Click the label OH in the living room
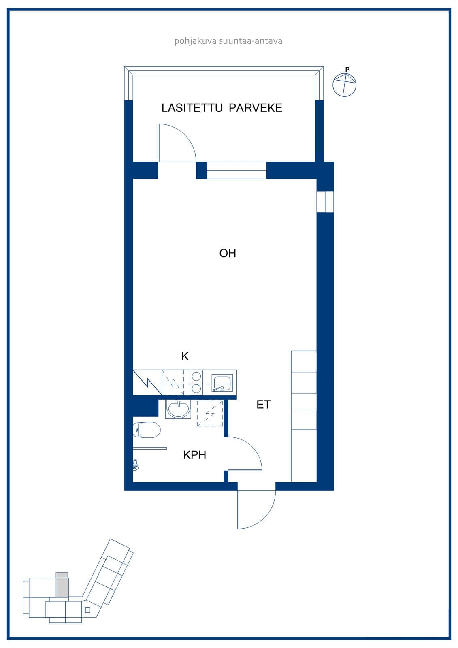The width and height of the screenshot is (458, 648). coord(228,253)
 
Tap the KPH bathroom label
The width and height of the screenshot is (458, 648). coord(194,455)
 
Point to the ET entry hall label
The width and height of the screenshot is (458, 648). coord(263,405)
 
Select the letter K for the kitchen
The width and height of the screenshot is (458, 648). coord(185,356)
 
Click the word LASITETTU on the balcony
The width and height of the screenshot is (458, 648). coord(192,108)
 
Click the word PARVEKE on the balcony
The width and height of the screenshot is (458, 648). coord(256,108)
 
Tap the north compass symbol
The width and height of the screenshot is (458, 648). coord(344,84)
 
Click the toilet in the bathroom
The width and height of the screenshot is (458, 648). coord(147,430)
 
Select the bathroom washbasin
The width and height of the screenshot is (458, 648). coord(178,409)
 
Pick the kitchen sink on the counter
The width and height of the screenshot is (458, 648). coord(222,382)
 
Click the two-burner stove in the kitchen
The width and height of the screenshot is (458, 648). coord(196,382)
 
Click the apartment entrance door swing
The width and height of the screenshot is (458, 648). coord(268,514)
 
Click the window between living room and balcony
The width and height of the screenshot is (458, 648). coord(236,171)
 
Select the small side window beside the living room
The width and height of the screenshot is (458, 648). coord(325,202)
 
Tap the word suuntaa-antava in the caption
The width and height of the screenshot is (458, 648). coord(251,41)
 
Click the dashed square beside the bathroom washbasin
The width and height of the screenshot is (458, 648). coord(210,414)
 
